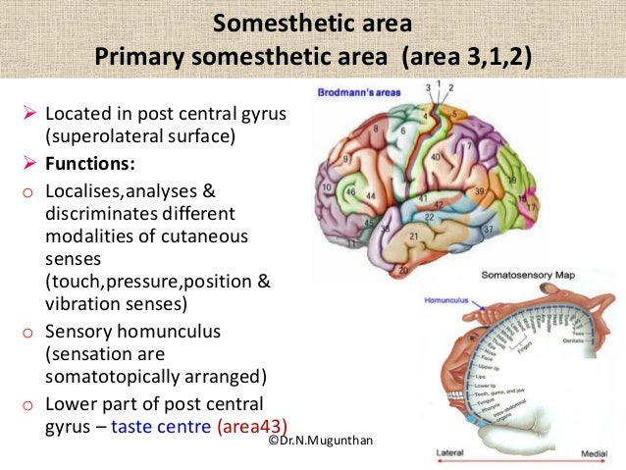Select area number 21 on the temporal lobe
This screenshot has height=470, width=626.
[x=414, y=235]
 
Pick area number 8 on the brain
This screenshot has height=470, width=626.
[x=372, y=128]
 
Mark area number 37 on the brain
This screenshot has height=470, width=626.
[x=488, y=230]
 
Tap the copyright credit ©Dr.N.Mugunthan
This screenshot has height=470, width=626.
[x=320, y=444]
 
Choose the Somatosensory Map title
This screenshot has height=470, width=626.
[x=530, y=278]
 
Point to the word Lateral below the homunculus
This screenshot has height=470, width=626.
[x=451, y=453]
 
